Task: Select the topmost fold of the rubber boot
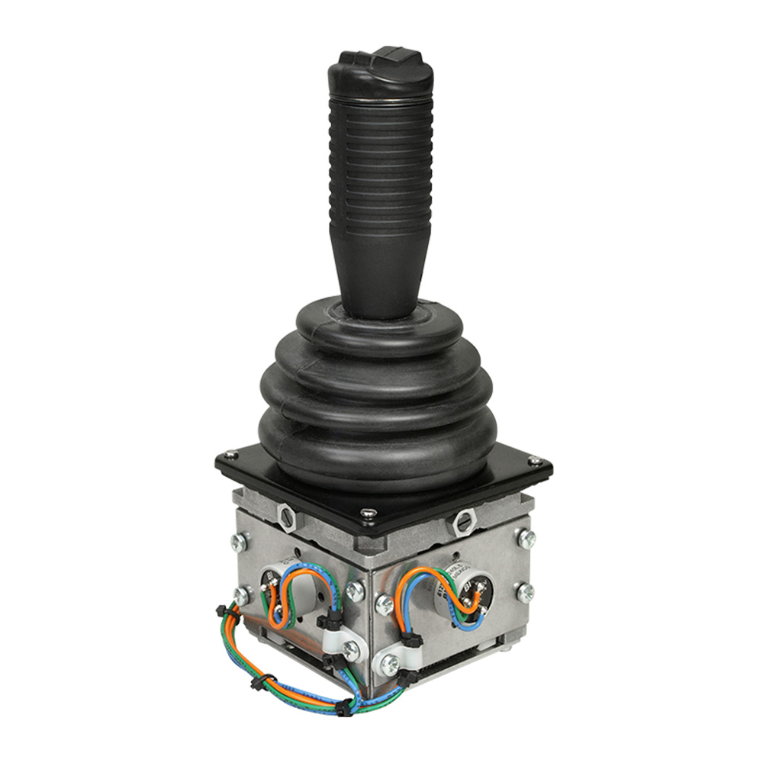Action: point(379,324)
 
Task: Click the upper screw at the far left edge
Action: point(238,542)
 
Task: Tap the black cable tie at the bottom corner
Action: point(350,706)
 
